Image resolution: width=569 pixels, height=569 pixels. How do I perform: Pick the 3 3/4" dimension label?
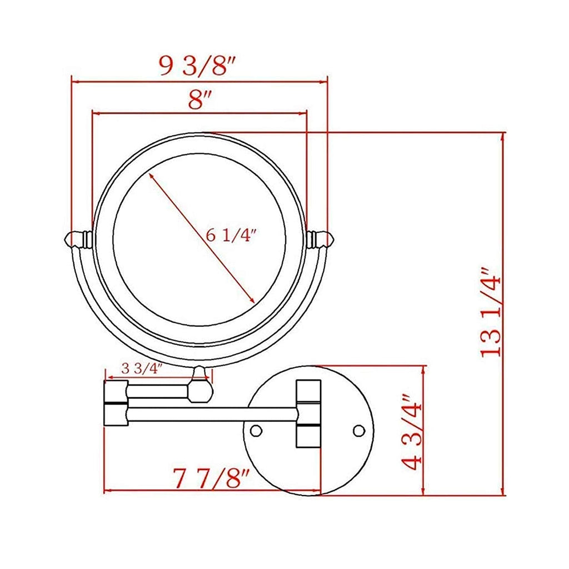point(141,368)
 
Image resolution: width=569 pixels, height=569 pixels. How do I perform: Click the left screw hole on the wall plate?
point(256,430)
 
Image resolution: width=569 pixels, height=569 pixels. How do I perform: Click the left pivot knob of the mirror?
point(78,239)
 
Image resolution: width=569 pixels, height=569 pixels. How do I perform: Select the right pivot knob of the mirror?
point(320,239)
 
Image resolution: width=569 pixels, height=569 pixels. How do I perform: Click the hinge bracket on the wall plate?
point(308,413)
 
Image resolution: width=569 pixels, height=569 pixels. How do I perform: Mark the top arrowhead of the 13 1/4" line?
point(503,137)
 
